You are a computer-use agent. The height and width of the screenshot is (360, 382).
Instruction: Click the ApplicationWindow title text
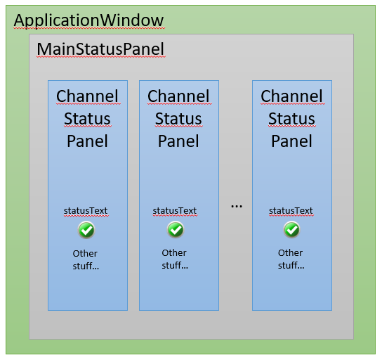pyautogui.click(x=88, y=20)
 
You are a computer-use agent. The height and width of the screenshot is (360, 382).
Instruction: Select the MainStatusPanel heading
pyautogui.click(x=100, y=49)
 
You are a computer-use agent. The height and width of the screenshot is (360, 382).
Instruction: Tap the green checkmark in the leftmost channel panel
pyautogui.click(x=86, y=230)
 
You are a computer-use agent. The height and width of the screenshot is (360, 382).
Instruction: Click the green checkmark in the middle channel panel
pyautogui.click(x=176, y=230)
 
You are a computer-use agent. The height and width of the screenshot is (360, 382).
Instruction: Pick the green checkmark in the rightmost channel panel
pyautogui.click(x=291, y=230)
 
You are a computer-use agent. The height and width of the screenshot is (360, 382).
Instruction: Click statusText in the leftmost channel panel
pyautogui.click(x=86, y=211)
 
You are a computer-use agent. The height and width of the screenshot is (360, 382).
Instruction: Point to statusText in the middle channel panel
pyautogui.click(x=175, y=211)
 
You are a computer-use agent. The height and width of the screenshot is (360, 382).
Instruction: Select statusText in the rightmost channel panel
pyautogui.click(x=291, y=211)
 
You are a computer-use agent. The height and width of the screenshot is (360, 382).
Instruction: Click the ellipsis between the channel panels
pyautogui.click(x=237, y=206)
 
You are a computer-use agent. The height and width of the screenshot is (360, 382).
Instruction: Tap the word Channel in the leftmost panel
pyautogui.click(x=87, y=96)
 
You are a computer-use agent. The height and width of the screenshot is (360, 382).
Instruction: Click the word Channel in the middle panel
pyautogui.click(x=178, y=96)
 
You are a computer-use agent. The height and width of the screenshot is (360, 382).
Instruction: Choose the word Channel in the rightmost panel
pyautogui.click(x=291, y=96)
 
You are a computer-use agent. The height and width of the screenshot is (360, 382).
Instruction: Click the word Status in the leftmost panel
pyautogui.click(x=87, y=119)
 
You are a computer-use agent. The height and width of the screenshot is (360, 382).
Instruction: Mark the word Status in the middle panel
pyautogui.click(x=178, y=119)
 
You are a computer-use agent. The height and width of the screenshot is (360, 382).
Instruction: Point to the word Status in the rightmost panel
pyautogui.click(x=291, y=119)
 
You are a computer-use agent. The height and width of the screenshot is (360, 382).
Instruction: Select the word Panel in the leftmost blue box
pyautogui.click(x=87, y=141)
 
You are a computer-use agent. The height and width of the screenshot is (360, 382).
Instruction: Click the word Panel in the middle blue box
pyautogui.click(x=178, y=141)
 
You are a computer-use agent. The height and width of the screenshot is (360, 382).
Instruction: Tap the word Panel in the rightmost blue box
pyautogui.click(x=291, y=141)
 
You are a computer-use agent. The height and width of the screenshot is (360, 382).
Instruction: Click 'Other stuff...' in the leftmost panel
pyautogui.click(x=86, y=260)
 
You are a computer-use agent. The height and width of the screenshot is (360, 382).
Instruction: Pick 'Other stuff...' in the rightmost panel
pyautogui.click(x=291, y=259)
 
